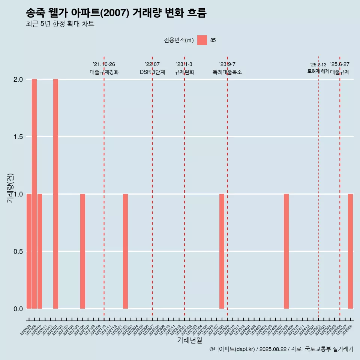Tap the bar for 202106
82,251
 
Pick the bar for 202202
125,251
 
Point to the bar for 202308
222,251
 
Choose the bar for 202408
286,251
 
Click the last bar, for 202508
350,251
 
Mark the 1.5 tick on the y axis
18,137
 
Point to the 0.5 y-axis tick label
18,251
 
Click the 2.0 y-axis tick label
18,79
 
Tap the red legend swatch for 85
202,40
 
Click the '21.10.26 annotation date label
104,64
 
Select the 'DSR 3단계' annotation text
152,72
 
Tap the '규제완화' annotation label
184,72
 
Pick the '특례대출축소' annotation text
227,72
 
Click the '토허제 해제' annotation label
318,71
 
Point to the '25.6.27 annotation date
340,64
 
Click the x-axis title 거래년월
189,340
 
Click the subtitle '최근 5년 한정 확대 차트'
60,24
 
